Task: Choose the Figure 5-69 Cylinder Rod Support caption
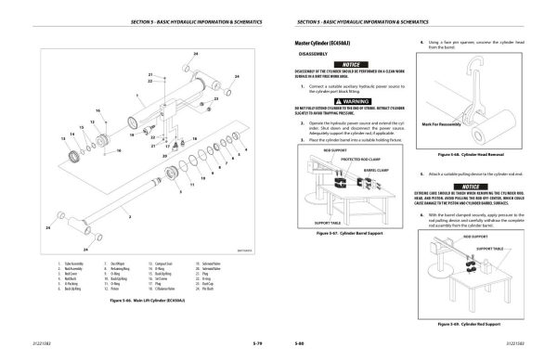click(x=471, y=323)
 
